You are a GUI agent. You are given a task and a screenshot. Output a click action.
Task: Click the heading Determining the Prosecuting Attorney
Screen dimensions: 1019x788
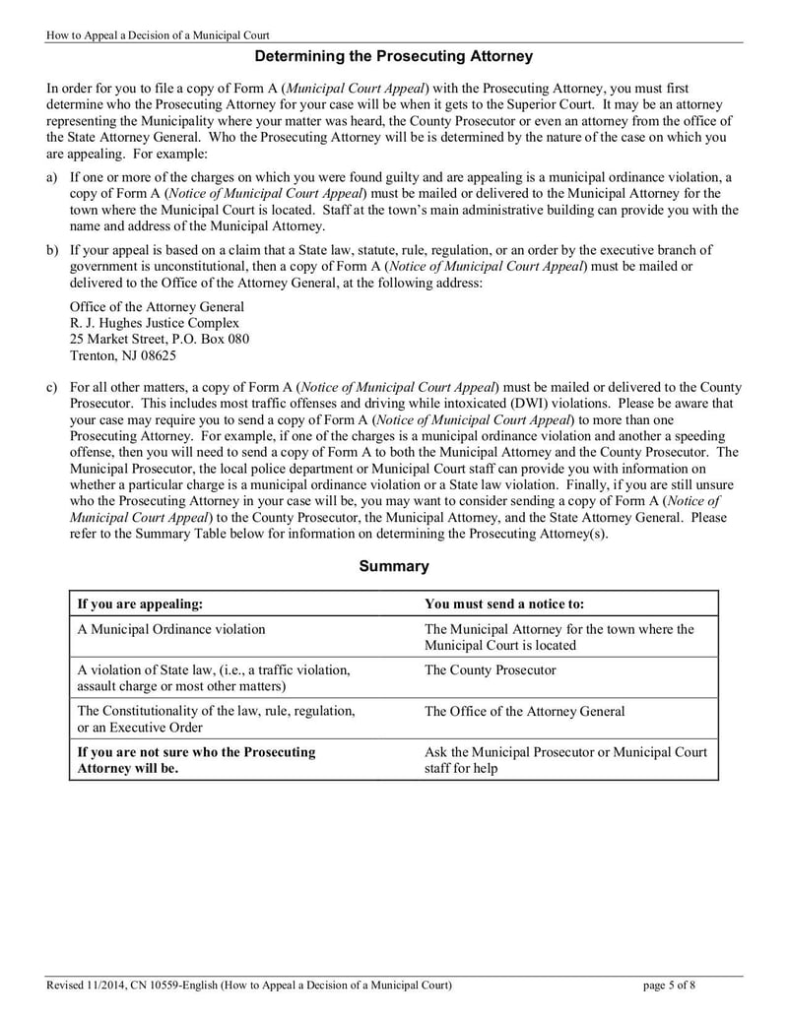tap(393, 57)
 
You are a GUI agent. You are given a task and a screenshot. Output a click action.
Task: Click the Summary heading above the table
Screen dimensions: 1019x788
tap(393, 566)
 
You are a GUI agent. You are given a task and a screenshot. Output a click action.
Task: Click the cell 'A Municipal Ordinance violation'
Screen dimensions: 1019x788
tap(170, 629)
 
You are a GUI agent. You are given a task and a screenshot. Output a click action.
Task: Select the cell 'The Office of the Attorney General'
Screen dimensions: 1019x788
tap(524, 711)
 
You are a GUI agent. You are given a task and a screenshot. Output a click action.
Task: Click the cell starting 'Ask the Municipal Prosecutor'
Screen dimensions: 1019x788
tap(565, 759)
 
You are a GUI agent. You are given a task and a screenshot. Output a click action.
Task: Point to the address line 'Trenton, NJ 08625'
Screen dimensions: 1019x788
tap(123, 355)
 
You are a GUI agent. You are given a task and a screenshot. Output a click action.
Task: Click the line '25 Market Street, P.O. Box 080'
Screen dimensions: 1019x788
tap(159, 339)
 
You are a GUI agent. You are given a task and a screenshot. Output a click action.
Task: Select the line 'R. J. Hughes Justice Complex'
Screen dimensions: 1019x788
tap(154, 323)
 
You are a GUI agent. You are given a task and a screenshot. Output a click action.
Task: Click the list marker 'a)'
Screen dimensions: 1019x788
tap(52, 178)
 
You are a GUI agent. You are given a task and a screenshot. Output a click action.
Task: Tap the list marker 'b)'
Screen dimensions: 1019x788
tap(52, 250)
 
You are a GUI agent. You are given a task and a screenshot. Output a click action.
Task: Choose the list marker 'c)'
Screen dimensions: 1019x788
tap(52, 388)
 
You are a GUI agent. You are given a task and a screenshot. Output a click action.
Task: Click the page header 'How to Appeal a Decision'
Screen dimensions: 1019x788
tap(158, 35)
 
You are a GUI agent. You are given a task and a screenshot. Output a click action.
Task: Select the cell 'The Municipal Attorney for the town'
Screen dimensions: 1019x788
tap(558, 637)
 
